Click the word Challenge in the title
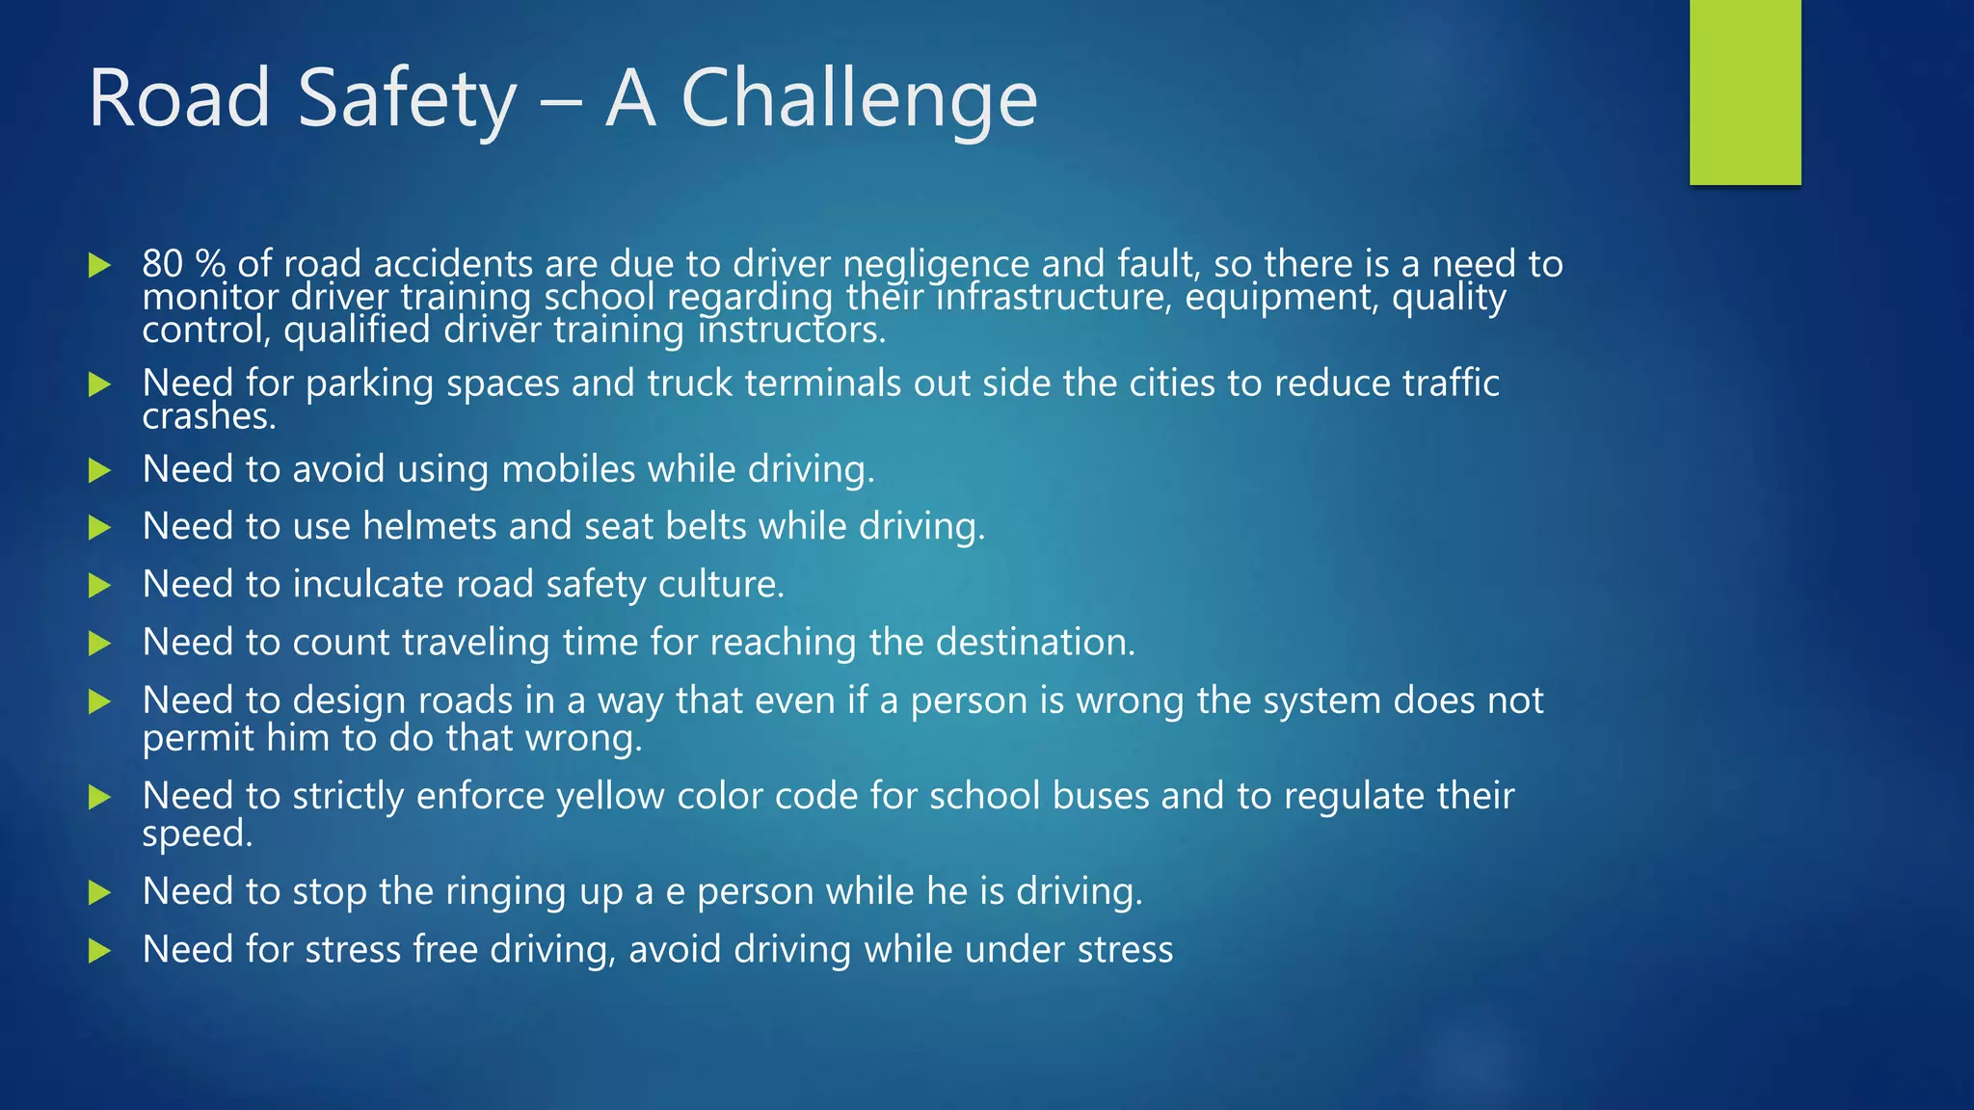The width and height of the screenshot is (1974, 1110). click(x=859, y=99)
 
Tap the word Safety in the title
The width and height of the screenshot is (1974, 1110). click(x=407, y=99)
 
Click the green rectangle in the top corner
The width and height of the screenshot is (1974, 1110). click(x=1745, y=92)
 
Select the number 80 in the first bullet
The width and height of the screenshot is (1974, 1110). click(x=162, y=264)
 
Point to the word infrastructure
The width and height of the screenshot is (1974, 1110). click(x=1054, y=297)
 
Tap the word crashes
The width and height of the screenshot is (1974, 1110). click(x=208, y=416)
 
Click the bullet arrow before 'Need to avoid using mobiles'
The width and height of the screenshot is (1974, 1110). click(x=99, y=470)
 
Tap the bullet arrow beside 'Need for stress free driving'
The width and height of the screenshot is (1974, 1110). click(x=99, y=951)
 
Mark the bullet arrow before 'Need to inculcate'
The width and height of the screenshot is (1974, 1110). click(x=99, y=585)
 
